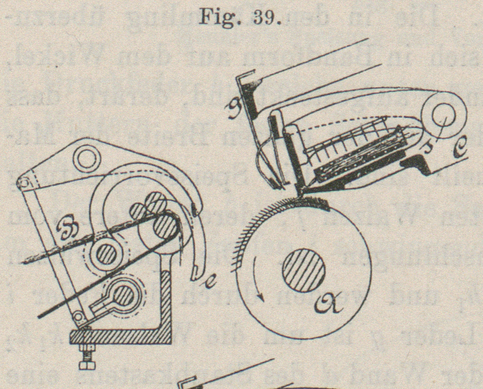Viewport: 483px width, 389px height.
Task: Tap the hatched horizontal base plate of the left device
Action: click(x=120, y=337)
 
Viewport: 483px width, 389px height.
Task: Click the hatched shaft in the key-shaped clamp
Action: click(x=123, y=296)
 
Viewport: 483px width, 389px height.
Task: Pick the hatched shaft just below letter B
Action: click(x=105, y=255)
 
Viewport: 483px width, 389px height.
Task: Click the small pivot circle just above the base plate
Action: click(x=79, y=317)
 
